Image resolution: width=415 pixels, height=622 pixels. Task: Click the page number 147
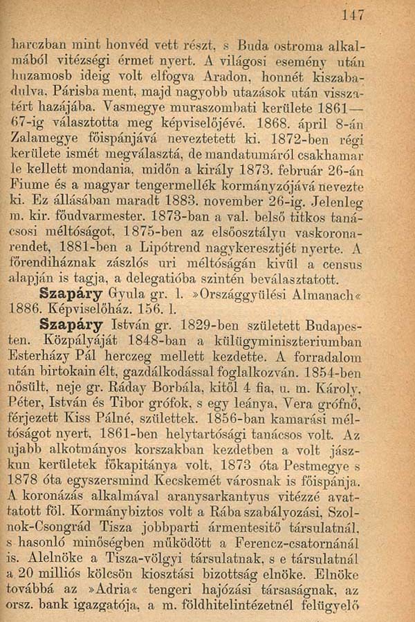(x=356, y=14)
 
